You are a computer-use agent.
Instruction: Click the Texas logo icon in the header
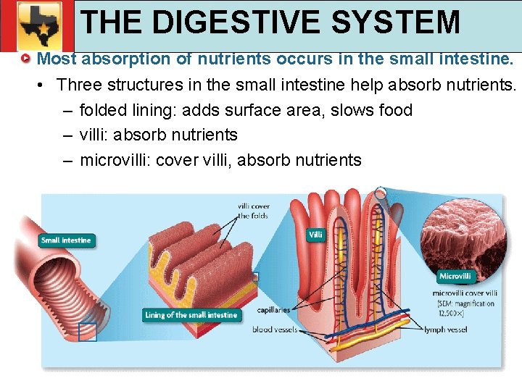[x=37, y=27]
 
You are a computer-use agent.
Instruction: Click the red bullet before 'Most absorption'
[x=26, y=58]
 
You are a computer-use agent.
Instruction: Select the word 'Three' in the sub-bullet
[x=79, y=85]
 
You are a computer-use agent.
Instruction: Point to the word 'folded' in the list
[x=104, y=110]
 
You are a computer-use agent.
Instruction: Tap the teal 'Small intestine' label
[x=66, y=240]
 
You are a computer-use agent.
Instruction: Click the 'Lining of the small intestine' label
[x=191, y=315]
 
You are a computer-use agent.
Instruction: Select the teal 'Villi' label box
[x=315, y=235]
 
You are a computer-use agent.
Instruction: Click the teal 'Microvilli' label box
[x=455, y=276]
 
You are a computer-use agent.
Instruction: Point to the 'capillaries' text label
[x=273, y=310]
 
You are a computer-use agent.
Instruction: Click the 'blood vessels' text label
[x=274, y=330]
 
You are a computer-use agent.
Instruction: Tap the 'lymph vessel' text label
[x=446, y=330]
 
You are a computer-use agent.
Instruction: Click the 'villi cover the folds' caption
[x=254, y=211]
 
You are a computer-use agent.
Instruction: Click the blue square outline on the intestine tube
[x=88, y=332]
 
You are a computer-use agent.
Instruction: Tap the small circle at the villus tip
[x=381, y=193]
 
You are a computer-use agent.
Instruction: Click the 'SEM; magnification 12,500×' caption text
[x=465, y=308]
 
